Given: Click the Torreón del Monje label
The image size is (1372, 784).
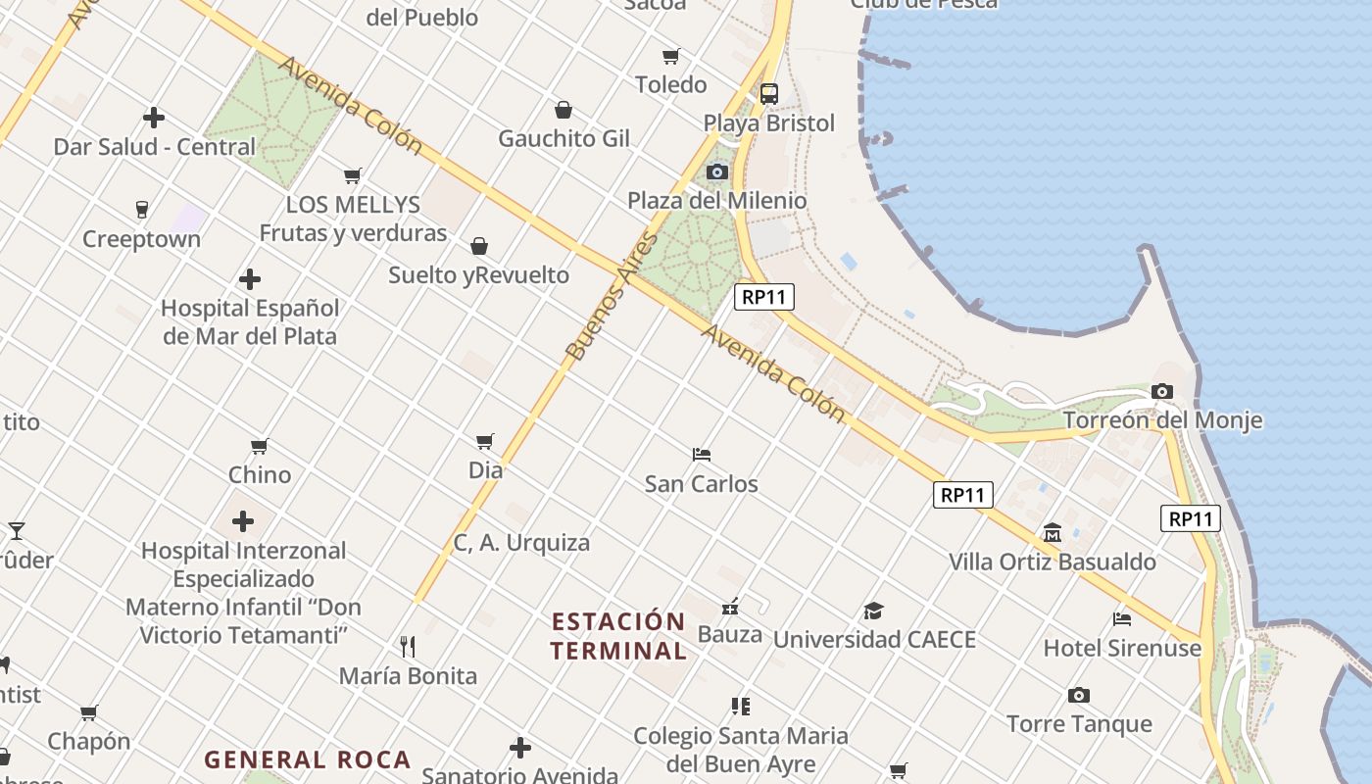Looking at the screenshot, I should pyautogui.click(x=1162, y=420).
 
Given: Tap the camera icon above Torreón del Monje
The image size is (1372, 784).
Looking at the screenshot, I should pyautogui.click(x=1162, y=392).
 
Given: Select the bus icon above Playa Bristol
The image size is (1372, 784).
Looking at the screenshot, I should pyautogui.click(x=769, y=94).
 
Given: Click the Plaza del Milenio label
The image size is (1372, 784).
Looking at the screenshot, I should pyautogui.click(x=717, y=201).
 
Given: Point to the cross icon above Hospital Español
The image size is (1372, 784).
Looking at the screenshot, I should pyautogui.click(x=250, y=279).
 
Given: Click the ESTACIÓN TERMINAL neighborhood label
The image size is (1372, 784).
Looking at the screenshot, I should pyautogui.click(x=618, y=636).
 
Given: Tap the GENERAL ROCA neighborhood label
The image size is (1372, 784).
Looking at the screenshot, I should pyautogui.click(x=307, y=759).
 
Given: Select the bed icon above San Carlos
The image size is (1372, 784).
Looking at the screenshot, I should pyautogui.click(x=702, y=455).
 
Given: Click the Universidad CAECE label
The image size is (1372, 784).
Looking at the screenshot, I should pyautogui.click(x=874, y=640).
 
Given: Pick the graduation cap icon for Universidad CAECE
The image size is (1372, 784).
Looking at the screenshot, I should pyautogui.click(x=873, y=612).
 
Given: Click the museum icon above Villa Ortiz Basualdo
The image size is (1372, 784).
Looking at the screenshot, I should pyautogui.click(x=1053, y=533).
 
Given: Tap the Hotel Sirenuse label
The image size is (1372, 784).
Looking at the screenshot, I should pyautogui.click(x=1122, y=648).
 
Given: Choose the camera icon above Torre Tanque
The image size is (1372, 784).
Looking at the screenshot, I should pyautogui.click(x=1079, y=696).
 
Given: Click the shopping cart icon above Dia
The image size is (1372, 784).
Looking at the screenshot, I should pyautogui.click(x=485, y=441).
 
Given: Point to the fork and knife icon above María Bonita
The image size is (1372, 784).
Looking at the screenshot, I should pyautogui.click(x=408, y=647).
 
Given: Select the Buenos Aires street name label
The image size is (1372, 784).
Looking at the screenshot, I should pyautogui.click(x=610, y=297).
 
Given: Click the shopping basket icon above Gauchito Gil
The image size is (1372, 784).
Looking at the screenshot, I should pyautogui.click(x=563, y=110).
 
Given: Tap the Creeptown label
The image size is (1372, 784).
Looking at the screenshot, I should pyautogui.click(x=141, y=239).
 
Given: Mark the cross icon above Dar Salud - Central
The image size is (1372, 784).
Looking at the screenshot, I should pyautogui.click(x=154, y=118).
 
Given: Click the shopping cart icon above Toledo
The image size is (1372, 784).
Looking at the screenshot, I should pyautogui.click(x=671, y=56).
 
